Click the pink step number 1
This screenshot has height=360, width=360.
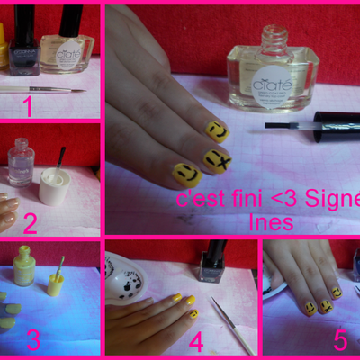28,108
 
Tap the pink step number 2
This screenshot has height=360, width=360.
29,222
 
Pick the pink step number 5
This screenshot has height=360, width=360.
339,340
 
